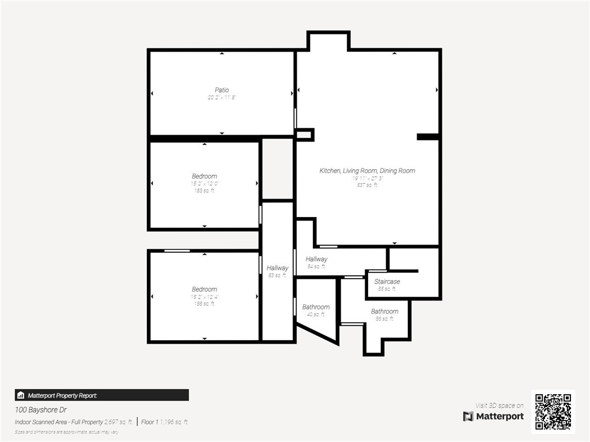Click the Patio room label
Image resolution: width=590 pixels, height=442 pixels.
pyautogui.click(x=222, y=90)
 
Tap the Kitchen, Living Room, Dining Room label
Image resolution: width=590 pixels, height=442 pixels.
pyautogui.click(x=367, y=171)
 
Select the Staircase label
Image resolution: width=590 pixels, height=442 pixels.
pyautogui.click(x=387, y=281)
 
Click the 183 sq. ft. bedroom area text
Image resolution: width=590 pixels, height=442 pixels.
pyautogui.click(x=204, y=190)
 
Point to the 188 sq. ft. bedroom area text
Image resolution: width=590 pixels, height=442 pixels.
pyautogui.click(x=204, y=304)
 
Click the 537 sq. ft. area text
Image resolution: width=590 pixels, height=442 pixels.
pyautogui.click(x=367, y=185)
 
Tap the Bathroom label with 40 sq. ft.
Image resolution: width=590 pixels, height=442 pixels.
pyautogui.click(x=316, y=307)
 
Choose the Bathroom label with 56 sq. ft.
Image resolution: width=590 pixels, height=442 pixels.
pyautogui.click(x=384, y=311)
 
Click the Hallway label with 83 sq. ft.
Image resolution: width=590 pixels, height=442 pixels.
pyautogui.click(x=277, y=268)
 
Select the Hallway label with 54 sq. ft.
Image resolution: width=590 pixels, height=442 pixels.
pyautogui.click(x=316, y=260)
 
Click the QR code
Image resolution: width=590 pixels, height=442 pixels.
pyautogui.click(x=553, y=411)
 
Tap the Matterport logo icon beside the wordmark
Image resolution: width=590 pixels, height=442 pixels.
pyautogui.click(x=468, y=416)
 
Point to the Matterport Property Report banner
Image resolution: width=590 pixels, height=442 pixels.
pyautogui.click(x=101, y=395)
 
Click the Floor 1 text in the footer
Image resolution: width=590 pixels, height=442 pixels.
pyautogui.click(x=149, y=422)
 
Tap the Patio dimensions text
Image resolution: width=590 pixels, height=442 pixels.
pyautogui.click(x=222, y=98)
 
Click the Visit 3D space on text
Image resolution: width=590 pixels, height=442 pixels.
pyautogui.click(x=499, y=406)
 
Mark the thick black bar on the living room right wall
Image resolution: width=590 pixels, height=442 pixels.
pyautogui.click(x=428, y=136)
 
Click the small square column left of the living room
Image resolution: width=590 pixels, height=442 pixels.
pyautogui.click(x=305, y=135)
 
